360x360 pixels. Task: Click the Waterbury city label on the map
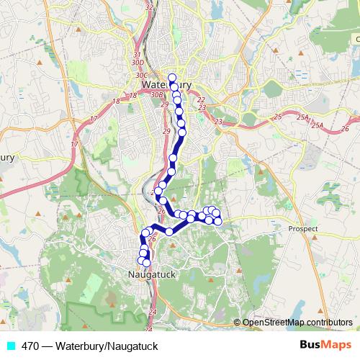pyautogui.click(x=167, y=84)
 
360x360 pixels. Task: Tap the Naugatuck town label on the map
pyautogui.click(x=149, y=274)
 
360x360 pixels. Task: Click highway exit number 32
pyautogui.click(x=149, y=7)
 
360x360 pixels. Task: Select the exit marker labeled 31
pyautogui.click(x=138, y=55)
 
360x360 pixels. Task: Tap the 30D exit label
pyautogui.click(x=139, y=63)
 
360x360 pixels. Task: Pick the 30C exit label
pyautogui.click(x=140, y=74)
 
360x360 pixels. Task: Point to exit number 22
pyautogui.click(x=201, y=100)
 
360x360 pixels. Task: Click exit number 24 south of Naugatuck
pyautogui.click(x=152, y=311)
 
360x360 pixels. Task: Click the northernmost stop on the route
pyautogui.click(x=172, y=78)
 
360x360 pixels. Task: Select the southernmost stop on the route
pyautogui.click(x=147, y=263)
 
